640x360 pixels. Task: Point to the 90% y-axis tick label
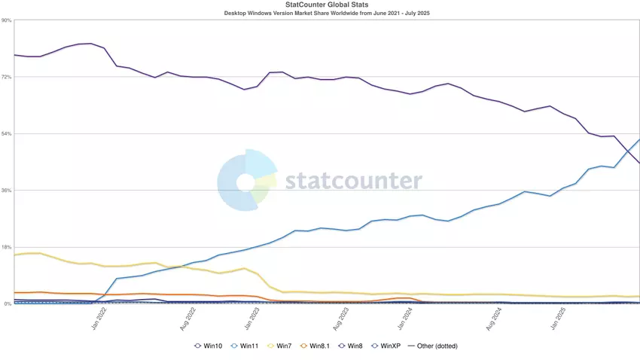tap(7, 20)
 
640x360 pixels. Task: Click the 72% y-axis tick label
tap(7, 77)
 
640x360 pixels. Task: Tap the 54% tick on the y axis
tap(7, 133)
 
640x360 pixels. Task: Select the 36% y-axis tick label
tap(7, 190)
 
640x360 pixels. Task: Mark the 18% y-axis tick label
tap(7, 246)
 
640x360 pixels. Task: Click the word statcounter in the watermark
tap(353, 182)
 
